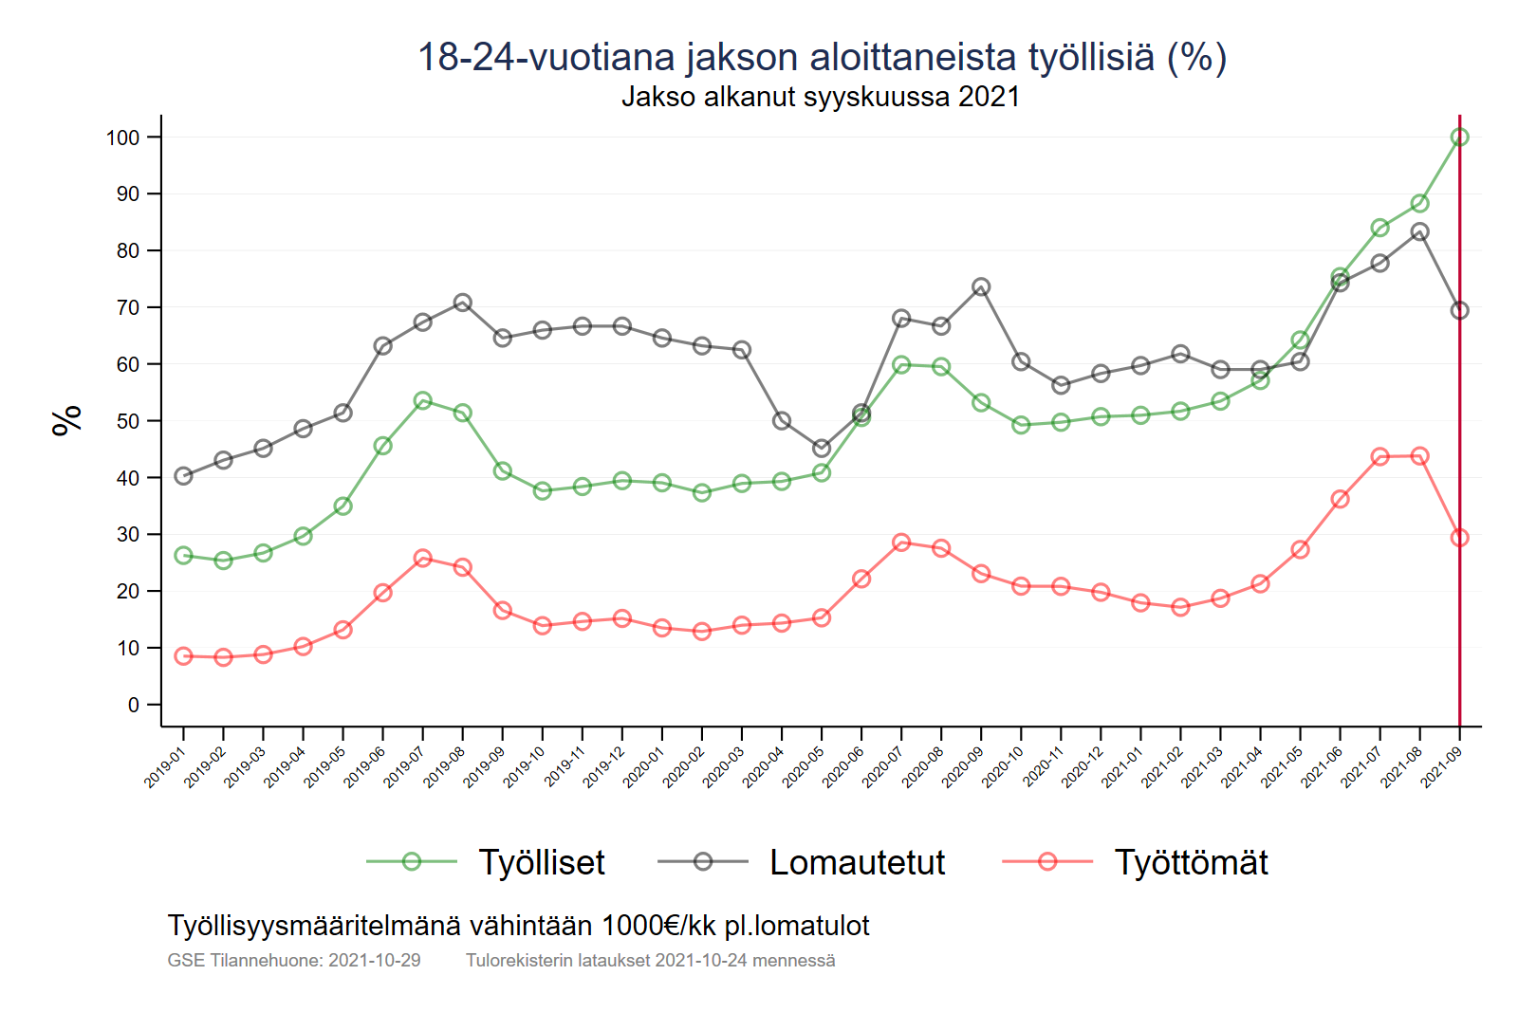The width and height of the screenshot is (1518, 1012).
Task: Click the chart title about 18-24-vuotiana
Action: click(x=822, y=57)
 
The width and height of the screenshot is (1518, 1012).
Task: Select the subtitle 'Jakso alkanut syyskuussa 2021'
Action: click(x=821, y=97)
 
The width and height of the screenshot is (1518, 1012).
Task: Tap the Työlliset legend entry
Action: click(x=541, y=862)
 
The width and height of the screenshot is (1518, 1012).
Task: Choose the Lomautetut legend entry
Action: click(x=857, y=862)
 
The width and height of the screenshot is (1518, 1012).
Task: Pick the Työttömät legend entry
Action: click(x=1191, y=862)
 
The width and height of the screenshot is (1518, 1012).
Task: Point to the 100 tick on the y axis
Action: click(x=122, y=138)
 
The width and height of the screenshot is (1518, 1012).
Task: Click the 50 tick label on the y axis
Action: click(x=127, y=421)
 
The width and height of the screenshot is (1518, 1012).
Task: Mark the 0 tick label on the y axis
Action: click(x=134, y=705)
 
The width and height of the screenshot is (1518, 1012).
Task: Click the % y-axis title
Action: click(x=67, y=420)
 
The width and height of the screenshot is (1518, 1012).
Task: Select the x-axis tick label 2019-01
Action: click(x=164, y=767)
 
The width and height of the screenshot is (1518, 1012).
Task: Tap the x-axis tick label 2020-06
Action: click(x=842, y=767)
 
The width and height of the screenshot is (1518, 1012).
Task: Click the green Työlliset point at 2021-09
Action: click(x=1459, y=138)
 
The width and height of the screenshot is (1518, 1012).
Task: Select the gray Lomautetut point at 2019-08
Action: click(x=462, y=303)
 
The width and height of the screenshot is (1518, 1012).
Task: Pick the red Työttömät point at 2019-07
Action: click(x=422, y=559)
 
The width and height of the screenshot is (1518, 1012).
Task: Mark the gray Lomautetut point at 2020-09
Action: click(x=981, y=287)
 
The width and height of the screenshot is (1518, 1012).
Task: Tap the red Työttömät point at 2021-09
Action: click(x=1459, y=538)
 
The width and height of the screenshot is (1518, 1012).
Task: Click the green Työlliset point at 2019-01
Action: click(x=183, y=556)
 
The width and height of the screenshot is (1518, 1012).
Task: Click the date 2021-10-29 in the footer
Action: click(x=374, y=961)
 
